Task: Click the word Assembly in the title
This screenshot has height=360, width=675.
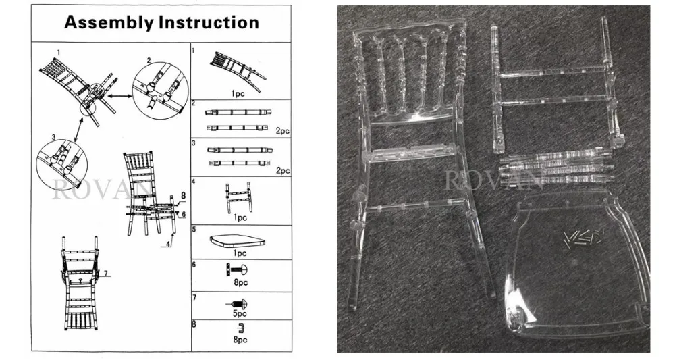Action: coord(109,22)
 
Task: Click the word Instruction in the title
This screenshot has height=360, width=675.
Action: coord(209,22)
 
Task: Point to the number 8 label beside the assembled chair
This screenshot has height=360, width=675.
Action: coord(182,197)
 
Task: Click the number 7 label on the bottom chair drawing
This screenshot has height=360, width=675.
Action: coord(105,273)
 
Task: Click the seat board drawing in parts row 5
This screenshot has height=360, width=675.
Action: coord(240,240)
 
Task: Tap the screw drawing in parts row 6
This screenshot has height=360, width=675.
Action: coord(239,270)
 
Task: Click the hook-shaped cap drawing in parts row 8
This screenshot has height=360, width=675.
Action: coord(240,329)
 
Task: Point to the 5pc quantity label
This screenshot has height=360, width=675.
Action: coord(240,313)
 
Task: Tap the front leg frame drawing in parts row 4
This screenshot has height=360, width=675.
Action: coord(239,197)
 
